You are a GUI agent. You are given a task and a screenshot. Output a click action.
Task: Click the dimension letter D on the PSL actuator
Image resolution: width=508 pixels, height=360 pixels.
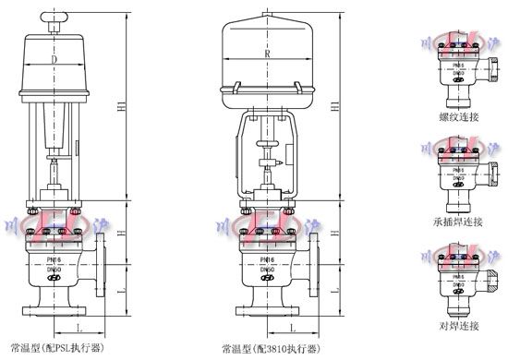coord(56,58)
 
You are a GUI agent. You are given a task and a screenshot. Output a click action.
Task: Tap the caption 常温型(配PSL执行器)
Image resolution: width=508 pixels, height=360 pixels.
coord(56,348)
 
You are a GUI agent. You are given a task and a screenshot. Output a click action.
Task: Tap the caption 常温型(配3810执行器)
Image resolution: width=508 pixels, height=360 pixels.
coord(271,350)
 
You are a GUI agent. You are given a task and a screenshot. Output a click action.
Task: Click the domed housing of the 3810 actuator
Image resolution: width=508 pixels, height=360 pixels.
coord(267,51)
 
